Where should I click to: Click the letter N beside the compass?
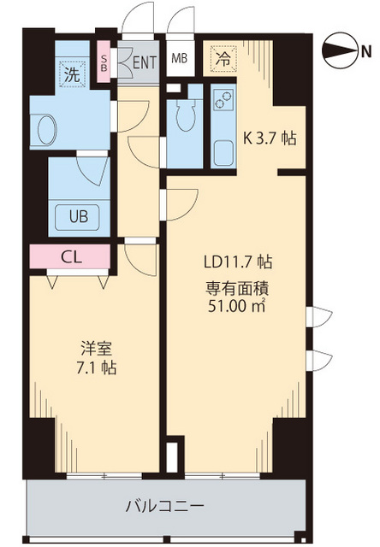click(366, 51)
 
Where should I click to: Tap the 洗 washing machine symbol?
click(74, 74)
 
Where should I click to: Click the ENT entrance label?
click(143, 62)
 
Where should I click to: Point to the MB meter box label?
click(180, 59)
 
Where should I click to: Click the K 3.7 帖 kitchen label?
click(270, 138)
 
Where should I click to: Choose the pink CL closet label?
click(71, 255)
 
